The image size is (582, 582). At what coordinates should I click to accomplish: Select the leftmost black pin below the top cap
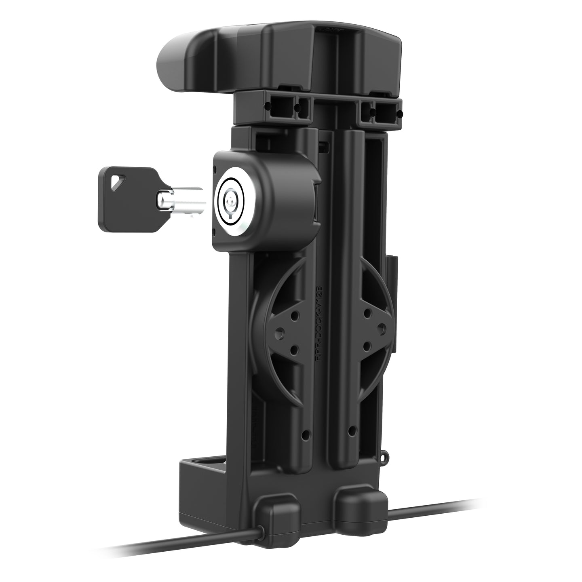pos(267,106)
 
